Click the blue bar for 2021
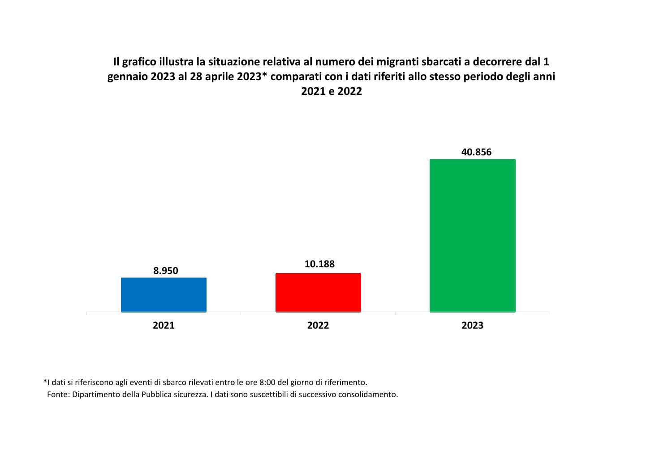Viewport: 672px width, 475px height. click(x=164, y=295)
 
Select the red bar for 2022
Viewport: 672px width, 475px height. click(x=318, y=292)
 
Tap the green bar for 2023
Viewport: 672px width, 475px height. click(x=472, y=235)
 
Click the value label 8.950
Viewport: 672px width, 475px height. click(x=166, y=270)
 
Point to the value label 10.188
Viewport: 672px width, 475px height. click(x=319, y=264)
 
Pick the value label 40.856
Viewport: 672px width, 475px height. click(x=476, y=152)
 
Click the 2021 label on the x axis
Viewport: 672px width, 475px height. click(x=164, y=325)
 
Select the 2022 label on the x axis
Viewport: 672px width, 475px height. click(x=318, y=325)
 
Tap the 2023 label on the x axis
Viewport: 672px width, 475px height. click(x=472, y=325)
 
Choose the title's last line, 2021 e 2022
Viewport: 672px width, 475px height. click(x=331, y=92)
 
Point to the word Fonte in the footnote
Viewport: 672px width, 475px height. click(x=58, y=395)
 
